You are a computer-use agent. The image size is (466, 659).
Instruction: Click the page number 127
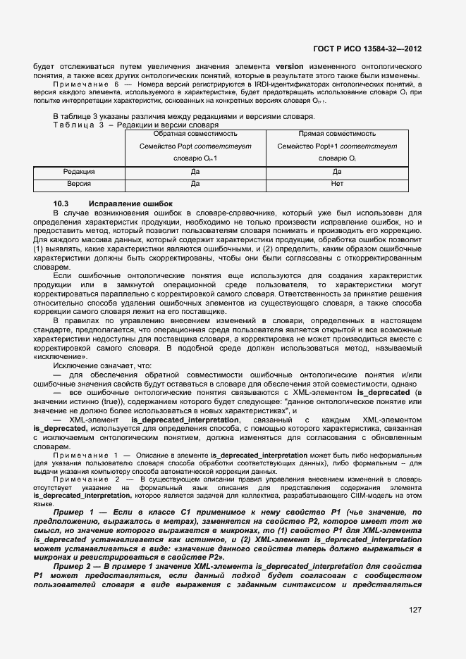pos(414,610)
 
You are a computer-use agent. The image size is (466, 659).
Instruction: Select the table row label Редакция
pos(79,171)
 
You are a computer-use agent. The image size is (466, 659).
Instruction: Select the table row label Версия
pos(79,184)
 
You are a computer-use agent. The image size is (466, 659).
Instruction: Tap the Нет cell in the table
pos(337,184)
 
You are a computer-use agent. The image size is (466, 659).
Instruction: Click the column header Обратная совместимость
pos(195,133)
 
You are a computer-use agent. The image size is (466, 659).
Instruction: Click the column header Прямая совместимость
pos(337,133)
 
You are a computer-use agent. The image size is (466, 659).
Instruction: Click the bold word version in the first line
pos(289,66)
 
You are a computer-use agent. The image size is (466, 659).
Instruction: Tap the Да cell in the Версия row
pos(195,184)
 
